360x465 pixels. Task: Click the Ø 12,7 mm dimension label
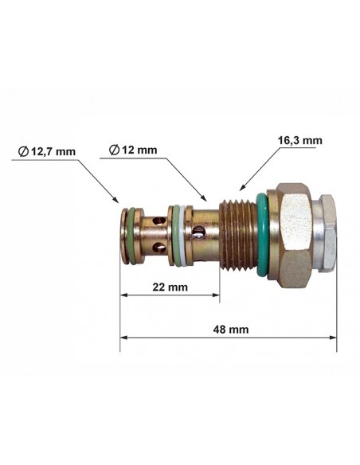pos(47,151)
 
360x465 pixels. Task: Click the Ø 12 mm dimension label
pos(133,150)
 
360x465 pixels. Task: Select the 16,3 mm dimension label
pos(299,140)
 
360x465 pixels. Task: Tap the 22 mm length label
pos(170,287)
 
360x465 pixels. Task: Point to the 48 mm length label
pos(231,329)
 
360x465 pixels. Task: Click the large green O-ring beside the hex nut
pos(263,235)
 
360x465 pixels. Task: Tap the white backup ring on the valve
pos(183,236)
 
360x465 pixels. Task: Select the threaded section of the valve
pos(238,235)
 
